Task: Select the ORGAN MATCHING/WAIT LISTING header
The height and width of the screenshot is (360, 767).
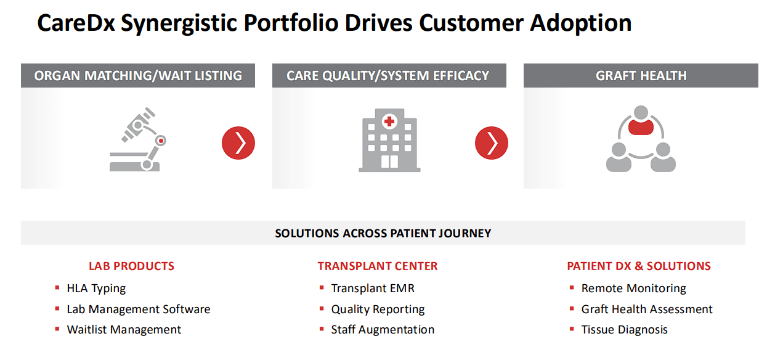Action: coord(138,76)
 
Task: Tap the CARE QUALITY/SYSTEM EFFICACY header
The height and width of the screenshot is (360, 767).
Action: coord(388,76)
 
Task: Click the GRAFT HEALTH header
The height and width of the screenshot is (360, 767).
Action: coord(641,76)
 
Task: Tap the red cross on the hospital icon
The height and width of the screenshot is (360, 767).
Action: coord(389,122)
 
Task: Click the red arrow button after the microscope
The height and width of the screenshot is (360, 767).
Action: coord(238,143)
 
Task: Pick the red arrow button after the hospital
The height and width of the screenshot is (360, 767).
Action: coord(492,143)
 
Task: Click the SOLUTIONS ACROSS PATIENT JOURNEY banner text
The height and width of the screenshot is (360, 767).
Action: coord(383,234)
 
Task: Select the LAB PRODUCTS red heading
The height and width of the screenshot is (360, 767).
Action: coord(131,266)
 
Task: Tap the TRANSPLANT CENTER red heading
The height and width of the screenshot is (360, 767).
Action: coord(378,266)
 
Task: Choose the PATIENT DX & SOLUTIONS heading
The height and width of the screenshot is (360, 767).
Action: coord(639,266)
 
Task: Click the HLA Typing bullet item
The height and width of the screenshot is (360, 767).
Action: coord(96,288)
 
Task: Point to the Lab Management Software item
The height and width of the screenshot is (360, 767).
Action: coord(139,309)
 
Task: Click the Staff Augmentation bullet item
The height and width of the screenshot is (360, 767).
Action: coord(383,330)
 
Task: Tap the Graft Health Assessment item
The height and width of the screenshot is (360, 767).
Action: coord(647,309)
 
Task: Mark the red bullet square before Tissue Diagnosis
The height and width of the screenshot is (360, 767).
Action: coord(572,330)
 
